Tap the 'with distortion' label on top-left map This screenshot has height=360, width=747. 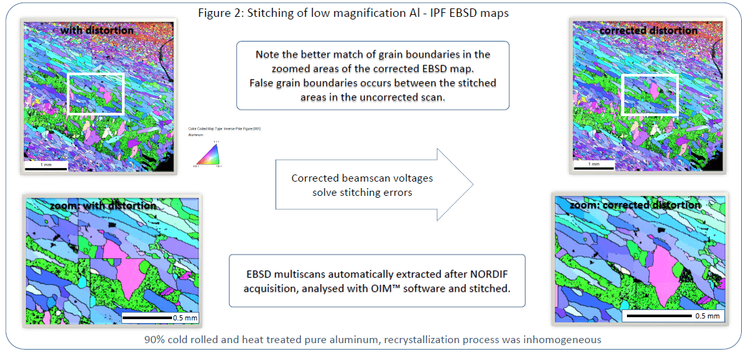[x=97, y=30]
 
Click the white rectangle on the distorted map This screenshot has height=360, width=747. [x=95, y=93]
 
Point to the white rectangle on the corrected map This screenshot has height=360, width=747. [x=650, y=94]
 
